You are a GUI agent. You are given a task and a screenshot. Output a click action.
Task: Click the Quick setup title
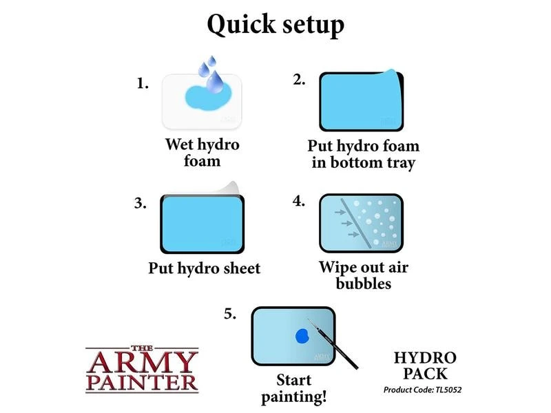pyautogui.click(x=275, y=25)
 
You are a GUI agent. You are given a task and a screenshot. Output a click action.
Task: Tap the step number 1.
pyautogui.click(x=143, y=83)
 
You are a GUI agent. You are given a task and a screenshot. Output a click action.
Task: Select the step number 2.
pyautogui.click(x=299, y=80)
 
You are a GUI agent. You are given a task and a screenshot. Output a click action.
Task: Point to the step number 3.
pyautogui.click(x=141, y=203)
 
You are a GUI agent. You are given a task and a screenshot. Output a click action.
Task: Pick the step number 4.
pyautogui.click(x=299, y=201)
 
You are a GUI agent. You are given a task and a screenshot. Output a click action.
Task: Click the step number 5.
pyautogui.click(x=230, y=314)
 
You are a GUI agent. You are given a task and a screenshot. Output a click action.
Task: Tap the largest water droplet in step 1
pyautogui.click(x=215, y=82)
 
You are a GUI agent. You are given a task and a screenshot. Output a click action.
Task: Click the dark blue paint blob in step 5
pyautogui.click(x=302, y=336)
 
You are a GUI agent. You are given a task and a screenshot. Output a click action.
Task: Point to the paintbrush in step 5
pyautogui.click(x=333, y=343)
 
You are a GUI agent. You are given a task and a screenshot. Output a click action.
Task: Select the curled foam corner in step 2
pyautogui.click(x=393, y=74)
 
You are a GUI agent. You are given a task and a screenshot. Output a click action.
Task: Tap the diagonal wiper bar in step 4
pyautogui.click(x=356, y=223)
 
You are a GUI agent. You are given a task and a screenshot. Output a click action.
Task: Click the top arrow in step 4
pyautogui.click(x=340, y=212)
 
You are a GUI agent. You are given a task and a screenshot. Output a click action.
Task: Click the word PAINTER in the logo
pyautogui.click(x=142, y=383)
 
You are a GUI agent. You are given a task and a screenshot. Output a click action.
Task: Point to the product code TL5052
pyautogui.click(x=448, y=390)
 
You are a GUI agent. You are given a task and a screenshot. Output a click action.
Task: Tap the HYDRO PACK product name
pyautogui.click(x=425, y=366)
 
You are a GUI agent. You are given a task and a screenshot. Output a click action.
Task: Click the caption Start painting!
pyautogui.click(x=294, y=388)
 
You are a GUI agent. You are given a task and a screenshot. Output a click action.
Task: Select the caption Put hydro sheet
pyautogui.click(x=204, y=268)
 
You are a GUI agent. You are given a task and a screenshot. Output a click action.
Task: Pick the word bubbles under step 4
pyautogui.click(x=364, y=283)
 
